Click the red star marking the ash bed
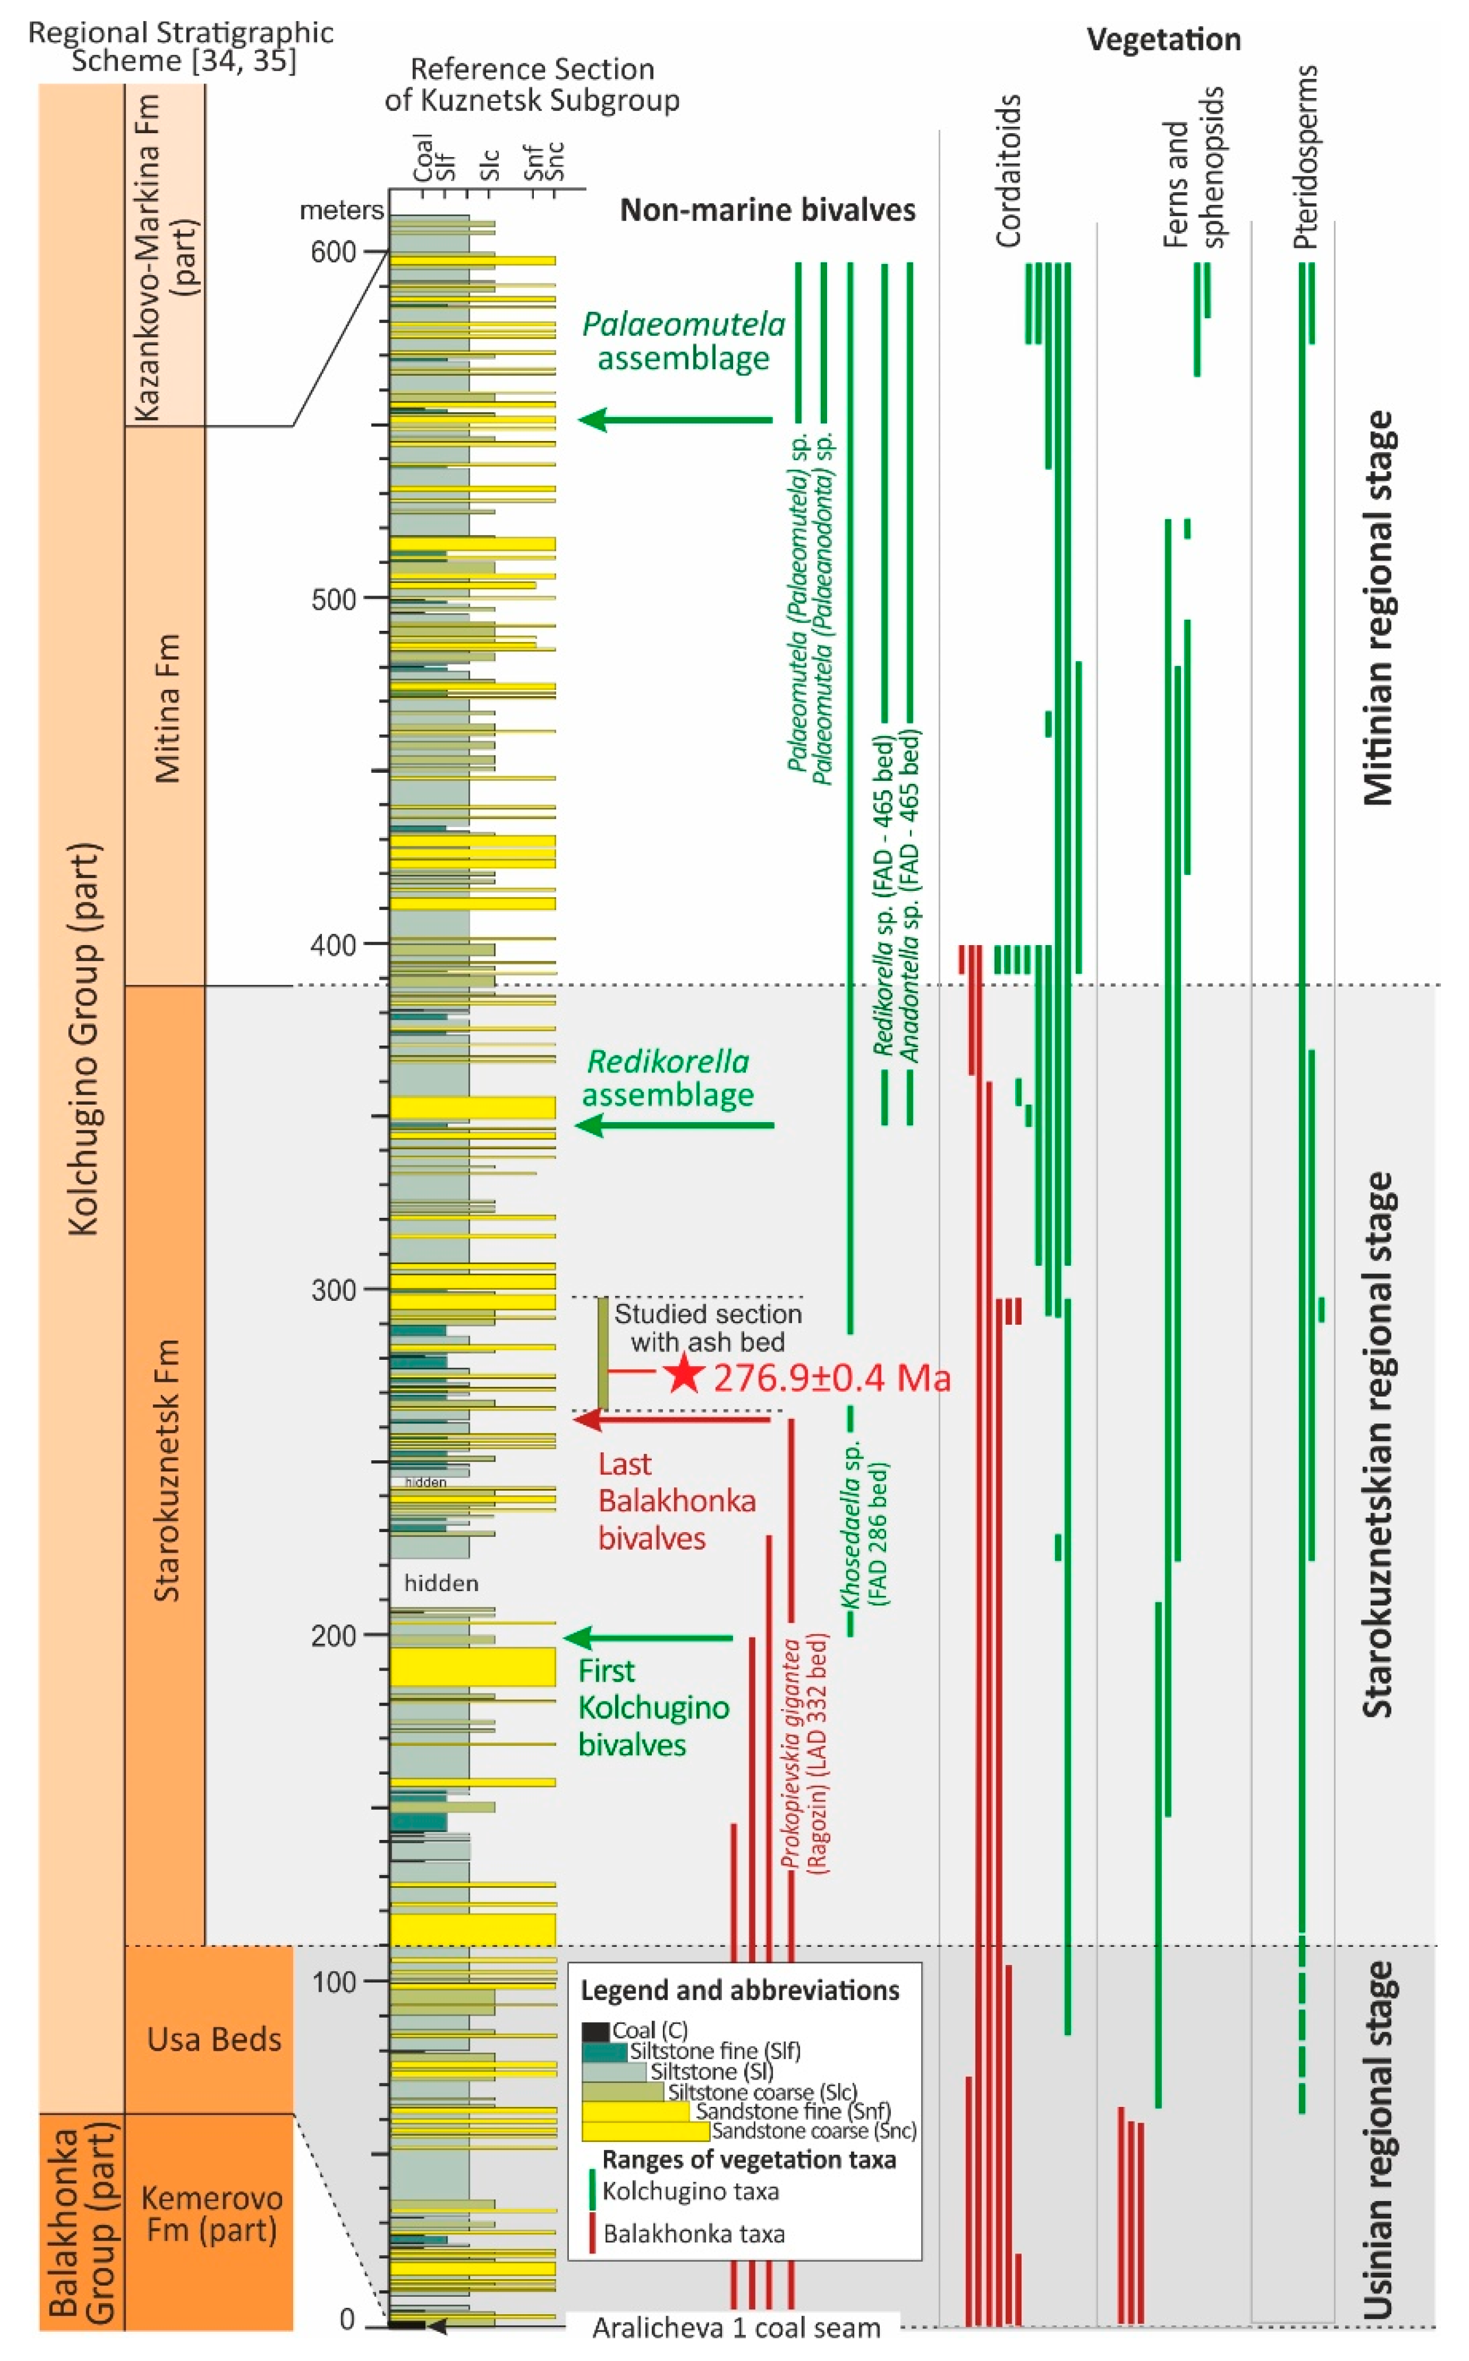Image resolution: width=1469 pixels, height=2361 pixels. (684, 1373)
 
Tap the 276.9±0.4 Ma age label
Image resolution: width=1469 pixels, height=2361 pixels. (832, 1378)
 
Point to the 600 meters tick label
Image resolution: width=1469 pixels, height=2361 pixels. (334, 252)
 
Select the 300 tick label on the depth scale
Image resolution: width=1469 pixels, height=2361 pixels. (334, 1290)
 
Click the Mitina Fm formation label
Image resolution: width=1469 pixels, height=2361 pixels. (167, 709)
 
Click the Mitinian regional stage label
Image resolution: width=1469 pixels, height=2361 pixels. (1378, 608)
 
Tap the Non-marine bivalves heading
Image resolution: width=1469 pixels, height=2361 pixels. (768, 210)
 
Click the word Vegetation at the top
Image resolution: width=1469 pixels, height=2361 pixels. (1163, 40)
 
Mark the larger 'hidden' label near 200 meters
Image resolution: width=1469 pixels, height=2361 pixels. (441, 1583)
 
